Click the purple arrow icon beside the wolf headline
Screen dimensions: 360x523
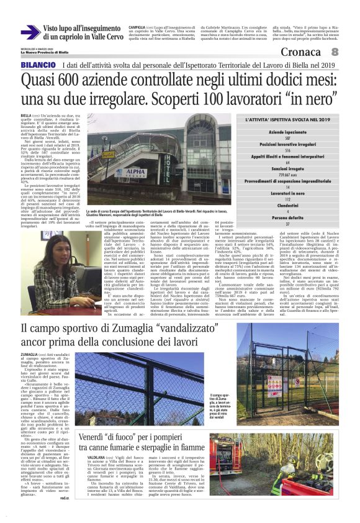point(30,32)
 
